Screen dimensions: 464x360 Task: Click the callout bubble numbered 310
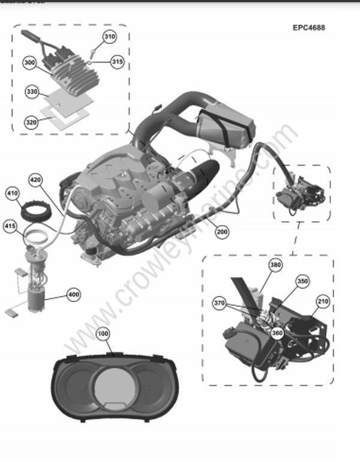[x=109, y=37]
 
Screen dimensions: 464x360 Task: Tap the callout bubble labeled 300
[x=30, y=62]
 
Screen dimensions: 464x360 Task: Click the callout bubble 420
[x=35, y=179]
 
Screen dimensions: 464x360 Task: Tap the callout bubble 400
[x=73, y=295]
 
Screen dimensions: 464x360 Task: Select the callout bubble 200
[x=222, y=231]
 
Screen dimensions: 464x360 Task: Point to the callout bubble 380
[x=275, y=265]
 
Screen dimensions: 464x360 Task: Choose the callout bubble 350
[x=302, y=280]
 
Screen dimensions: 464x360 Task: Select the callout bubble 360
[x=277, y=335]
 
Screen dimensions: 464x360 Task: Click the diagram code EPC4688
[x=309, y=28]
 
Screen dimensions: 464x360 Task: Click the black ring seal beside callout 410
[x=35, y=212]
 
